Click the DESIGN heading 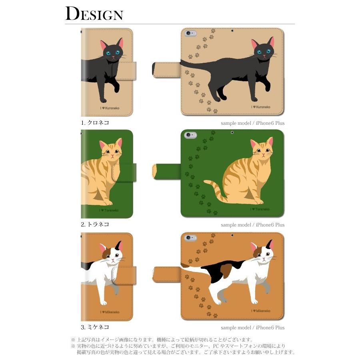pyautogui.click(x=94, y=14)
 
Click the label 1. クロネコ pyautogui.click(x=95, y=123)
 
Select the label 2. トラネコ pyautogui.click(x=95, y=224)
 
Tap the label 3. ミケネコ pyautogui.click(x=95, y=327)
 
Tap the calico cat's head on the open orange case pyautogui.click(x=263, y=253)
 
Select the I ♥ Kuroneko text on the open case pyautogui.click(x=260, y=107)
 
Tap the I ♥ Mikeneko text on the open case pyautogui.click(x=260, y=311)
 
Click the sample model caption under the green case pyautogui.click(x=252, y=225)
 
